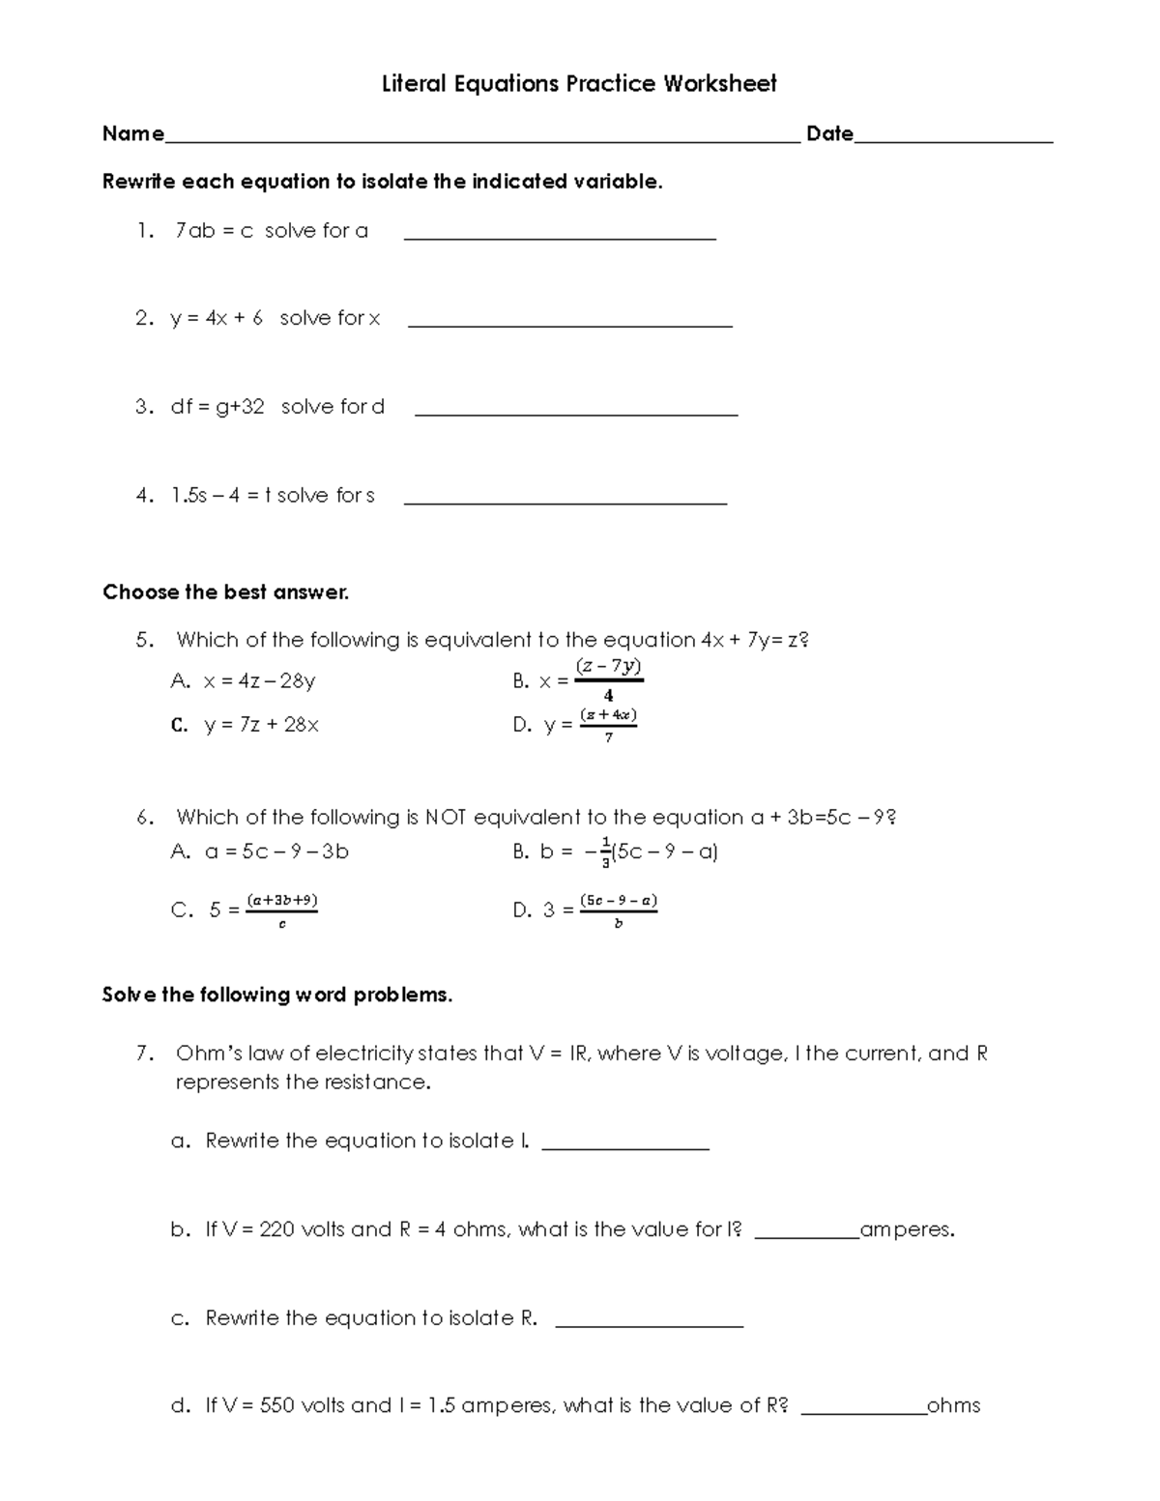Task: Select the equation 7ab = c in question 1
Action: click(214, 231)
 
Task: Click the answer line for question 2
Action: click(570, 325)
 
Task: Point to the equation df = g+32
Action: click(217, 407)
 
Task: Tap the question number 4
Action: click(145, 496)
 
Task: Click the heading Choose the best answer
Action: click(225, 592)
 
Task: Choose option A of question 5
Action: click(244, 681)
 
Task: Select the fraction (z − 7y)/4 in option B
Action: click(608, 679)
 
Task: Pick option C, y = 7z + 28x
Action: click(245, 725)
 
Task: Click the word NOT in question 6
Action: click(446, 818)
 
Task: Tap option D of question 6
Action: click(585, 909)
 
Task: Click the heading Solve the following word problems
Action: click(277, 996)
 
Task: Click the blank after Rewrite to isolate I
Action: click(625, 1147)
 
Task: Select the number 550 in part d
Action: click(276, 1406)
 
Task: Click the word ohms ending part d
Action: click(953, 1406)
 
